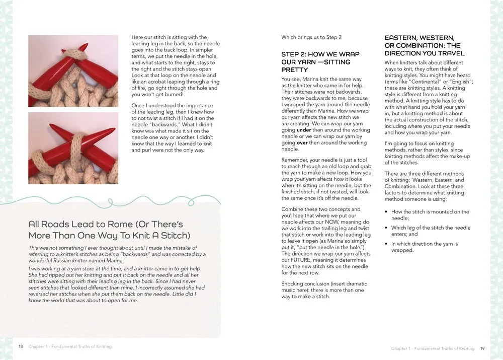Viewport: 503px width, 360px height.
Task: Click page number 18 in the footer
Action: pos(21,346)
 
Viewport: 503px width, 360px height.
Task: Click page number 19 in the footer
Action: pos(482,348)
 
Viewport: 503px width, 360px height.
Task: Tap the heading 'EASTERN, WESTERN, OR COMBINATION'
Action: pos(425,45)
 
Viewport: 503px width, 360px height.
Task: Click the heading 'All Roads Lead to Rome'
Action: pos(106,230)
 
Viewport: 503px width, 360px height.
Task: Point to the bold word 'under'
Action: pos(303,130)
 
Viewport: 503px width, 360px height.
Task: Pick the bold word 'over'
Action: pos(302,142)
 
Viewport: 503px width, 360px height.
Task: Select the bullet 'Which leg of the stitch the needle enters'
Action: pos(431,231)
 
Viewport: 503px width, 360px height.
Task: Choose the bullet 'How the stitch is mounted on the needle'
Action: pos(430,215)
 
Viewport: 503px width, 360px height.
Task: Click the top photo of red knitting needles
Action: pos(73,70)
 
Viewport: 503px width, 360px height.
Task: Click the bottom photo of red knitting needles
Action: pos(73,148)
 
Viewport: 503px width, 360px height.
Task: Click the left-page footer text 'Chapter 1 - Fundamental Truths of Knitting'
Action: pos(70,346)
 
